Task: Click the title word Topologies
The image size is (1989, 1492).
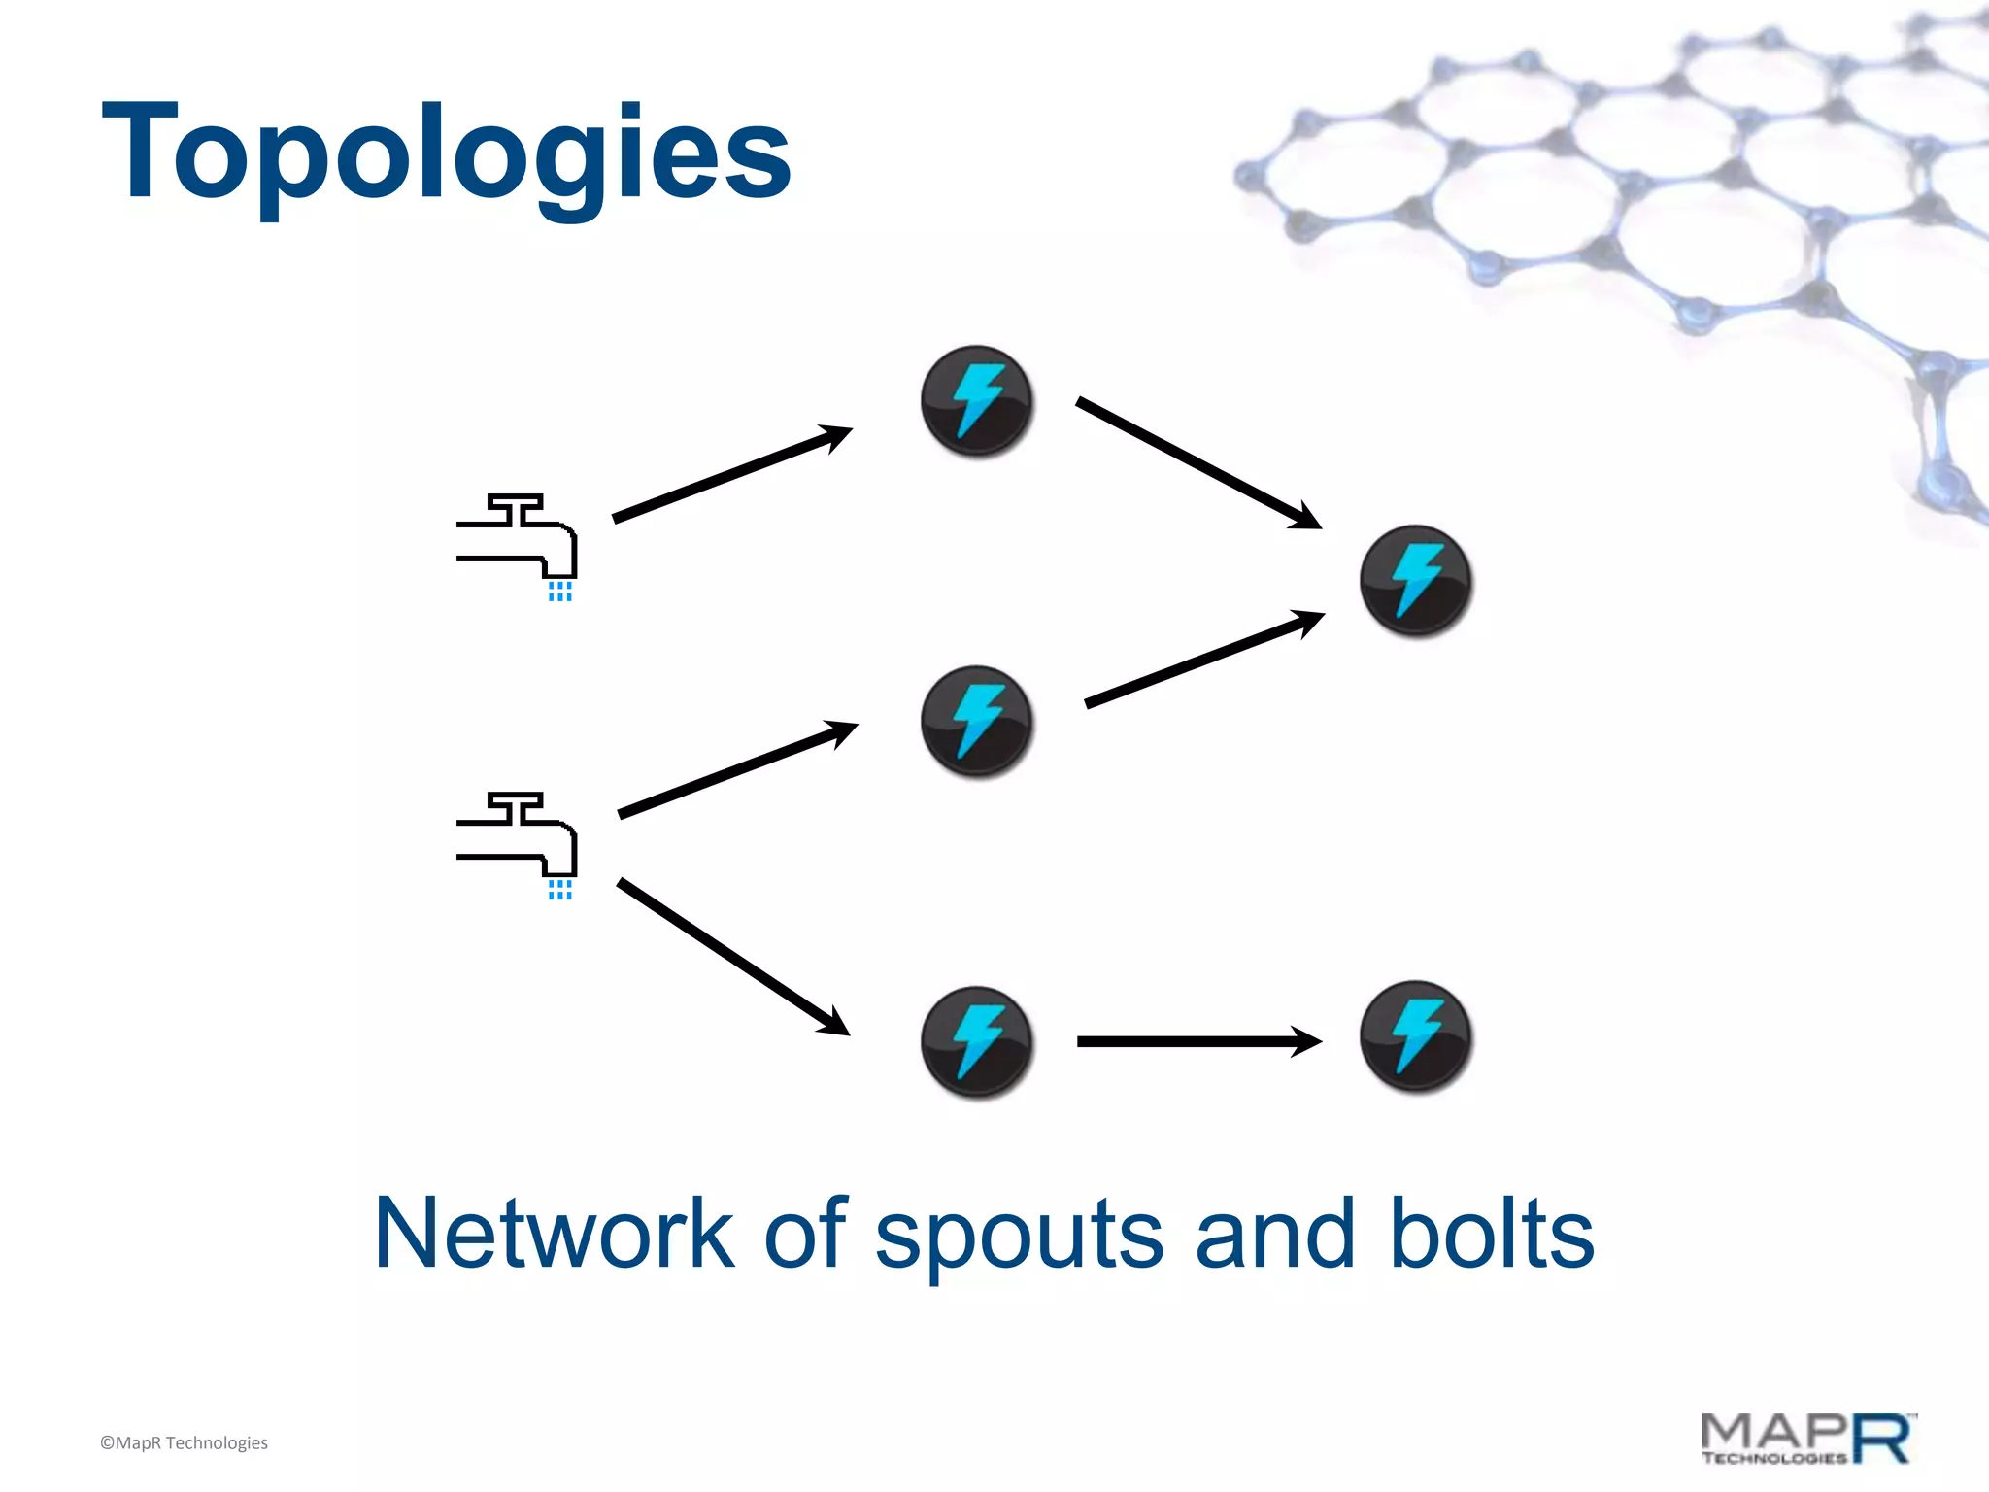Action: click(447, 153)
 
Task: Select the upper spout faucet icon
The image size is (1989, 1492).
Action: click(517, 538)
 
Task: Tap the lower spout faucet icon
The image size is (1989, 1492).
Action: click(517, 836)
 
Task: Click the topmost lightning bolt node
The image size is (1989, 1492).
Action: click(977, 400)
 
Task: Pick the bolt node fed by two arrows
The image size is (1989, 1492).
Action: click(1415, 580)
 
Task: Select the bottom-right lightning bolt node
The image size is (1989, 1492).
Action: click(1415, 1036)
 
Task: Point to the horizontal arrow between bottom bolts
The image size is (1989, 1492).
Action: click(1198, 1041)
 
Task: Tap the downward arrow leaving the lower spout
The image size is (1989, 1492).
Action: click(733, 957)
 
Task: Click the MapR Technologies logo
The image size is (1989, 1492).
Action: click(1808, 1439)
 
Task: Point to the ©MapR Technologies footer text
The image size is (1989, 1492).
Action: click(184, 1442)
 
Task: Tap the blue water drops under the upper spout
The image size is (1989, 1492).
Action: click(560, 592)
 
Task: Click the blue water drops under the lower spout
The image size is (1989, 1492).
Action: click(560, 890)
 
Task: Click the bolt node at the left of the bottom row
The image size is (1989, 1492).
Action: click(977, 1041)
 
